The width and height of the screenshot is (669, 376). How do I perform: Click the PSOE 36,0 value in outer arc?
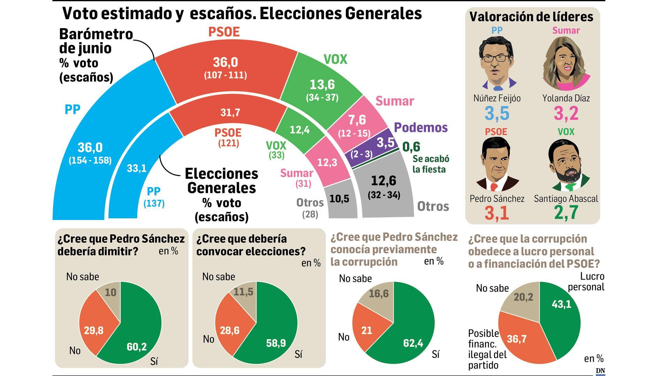tap(225, 63)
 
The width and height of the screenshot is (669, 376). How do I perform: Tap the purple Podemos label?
tap(421, 128)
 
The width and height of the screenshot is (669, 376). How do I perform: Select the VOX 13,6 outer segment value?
tap(322, 85)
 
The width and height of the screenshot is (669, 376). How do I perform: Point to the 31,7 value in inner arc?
tap(230, 112)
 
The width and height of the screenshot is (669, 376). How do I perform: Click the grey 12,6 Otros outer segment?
tap(383, 181)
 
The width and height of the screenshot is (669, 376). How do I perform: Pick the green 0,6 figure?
tap(411, 147)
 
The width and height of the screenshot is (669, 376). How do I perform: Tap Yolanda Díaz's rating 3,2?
tap(566, 113)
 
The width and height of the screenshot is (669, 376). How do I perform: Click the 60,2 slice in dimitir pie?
tap(137, 346)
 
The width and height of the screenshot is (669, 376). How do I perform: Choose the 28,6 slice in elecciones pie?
tap(230, 330)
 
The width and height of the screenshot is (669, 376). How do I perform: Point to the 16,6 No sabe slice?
tap(378, 294)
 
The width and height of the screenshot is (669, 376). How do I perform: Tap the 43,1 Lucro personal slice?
tap(561, 304)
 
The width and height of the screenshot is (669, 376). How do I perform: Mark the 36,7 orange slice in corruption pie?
tap(516, 339)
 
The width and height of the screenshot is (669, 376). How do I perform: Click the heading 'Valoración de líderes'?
tap(531, 16)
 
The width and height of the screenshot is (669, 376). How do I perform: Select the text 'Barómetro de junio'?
tap(96, 41)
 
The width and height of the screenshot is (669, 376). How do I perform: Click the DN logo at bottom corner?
tap(600, 371)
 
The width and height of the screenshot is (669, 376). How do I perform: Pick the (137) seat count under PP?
tap(154, 203)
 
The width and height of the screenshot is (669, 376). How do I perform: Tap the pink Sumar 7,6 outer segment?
tap(357, 120)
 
